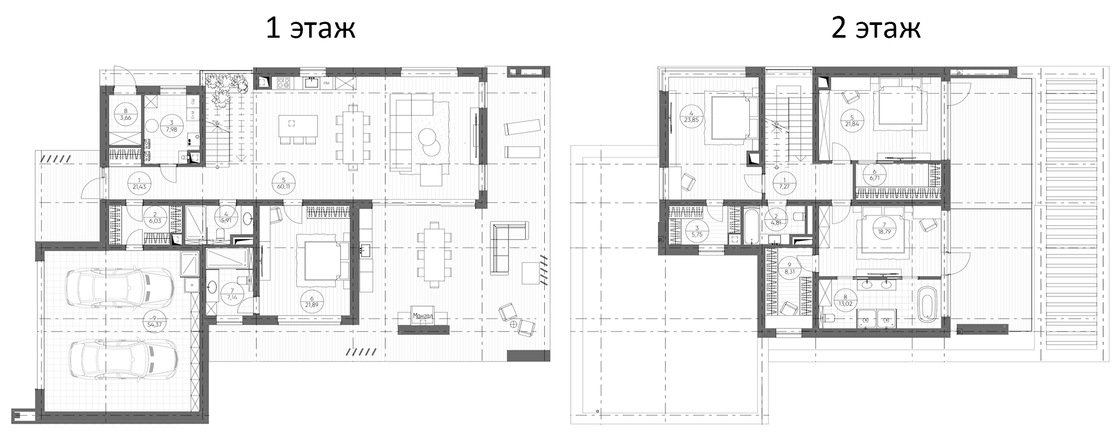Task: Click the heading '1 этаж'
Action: tap(310, 28)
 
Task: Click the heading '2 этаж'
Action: tap(875, 28)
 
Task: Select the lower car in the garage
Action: tap(123, 359)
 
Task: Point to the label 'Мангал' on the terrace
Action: tap(424, 317)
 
